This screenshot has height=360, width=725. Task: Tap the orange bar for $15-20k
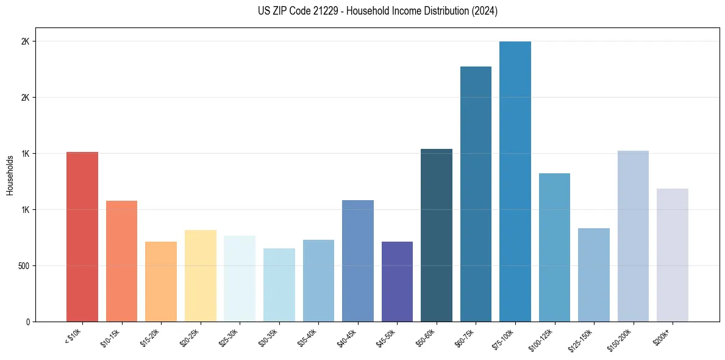[161, 281]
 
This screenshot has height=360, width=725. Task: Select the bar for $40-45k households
[357, 261]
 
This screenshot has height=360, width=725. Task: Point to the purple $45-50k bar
[397, 281]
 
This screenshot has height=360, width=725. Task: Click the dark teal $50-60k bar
[437, 235]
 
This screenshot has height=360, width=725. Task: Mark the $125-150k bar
[594, 275]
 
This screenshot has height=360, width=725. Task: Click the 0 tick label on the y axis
[28, 322]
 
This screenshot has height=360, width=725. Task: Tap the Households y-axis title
[10, 175]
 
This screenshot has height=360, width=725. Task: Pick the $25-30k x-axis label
[229, 337]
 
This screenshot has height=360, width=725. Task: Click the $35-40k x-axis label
[307, 337]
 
